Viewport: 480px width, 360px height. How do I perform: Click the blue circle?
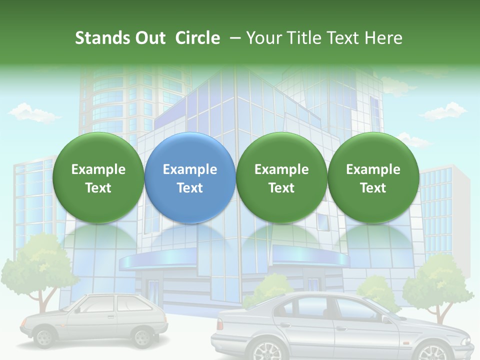pyautogui.click(x=190, y=178)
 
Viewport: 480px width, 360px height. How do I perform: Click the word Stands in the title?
pyautogui.click(x=99, y=38)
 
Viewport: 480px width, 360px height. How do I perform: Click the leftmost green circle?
pyautogui.click(x=98, y=178)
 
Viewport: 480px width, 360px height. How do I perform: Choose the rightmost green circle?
pyautogui.click(x=373, y=178)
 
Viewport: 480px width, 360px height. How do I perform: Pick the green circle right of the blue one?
pyautogui.click(x=281, y=178)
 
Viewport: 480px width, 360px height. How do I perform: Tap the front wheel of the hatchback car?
pyautogui.click(x=44, y=337)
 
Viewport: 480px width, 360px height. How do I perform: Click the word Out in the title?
pyautogui.click(x=149, y=38)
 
